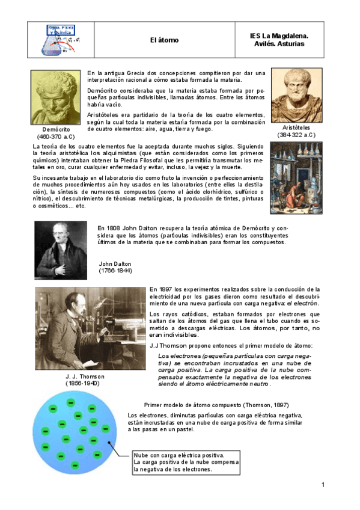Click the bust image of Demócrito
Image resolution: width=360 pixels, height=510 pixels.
(56, 97)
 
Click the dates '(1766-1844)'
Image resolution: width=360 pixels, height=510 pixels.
(115, 271)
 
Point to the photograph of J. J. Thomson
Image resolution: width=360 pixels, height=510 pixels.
(89, 328)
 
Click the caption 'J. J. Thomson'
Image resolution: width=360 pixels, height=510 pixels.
(84, 376)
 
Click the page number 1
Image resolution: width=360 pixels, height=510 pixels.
(323, 485)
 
